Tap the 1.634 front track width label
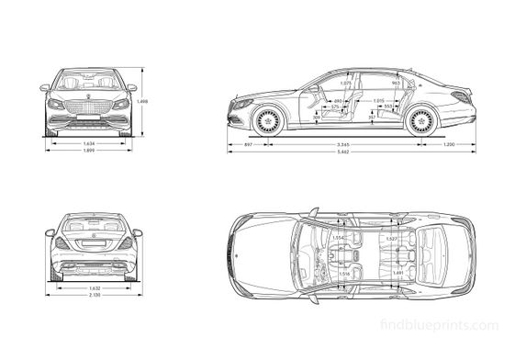click(89, 143)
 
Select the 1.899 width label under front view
click(89, 151)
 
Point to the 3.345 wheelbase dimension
click(343, 145)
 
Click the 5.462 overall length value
click(343, 152)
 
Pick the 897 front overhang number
click(248, 145)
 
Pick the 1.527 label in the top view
click(391, 239)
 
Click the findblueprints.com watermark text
click(453, 324)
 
